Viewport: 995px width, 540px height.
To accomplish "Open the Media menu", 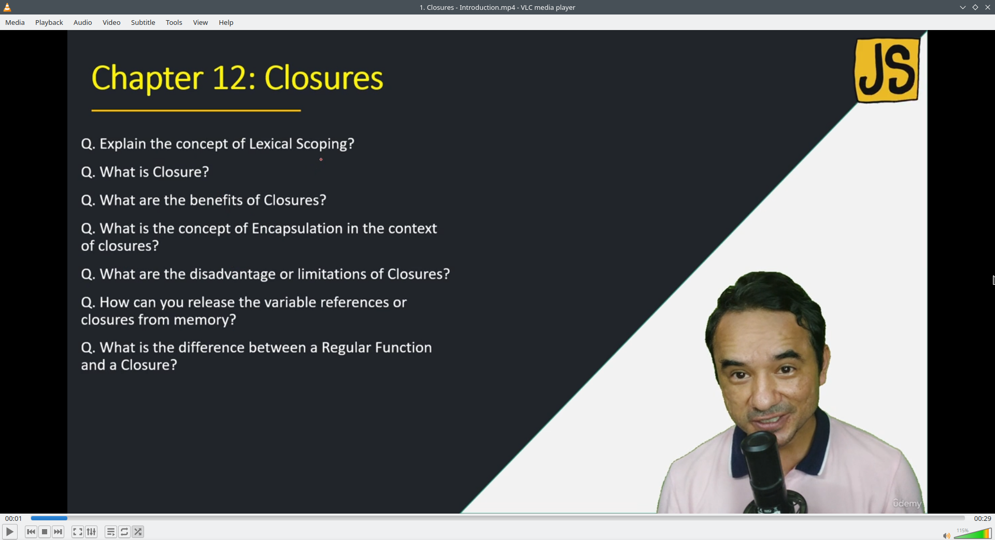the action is tap(15, 22).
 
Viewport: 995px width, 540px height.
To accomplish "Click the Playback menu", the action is tap(49, 22).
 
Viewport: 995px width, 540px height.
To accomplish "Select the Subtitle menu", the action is tap(143, 22).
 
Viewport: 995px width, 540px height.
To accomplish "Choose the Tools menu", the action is tap(174, 22).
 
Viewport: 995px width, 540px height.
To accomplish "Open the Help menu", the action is tap(226, 22).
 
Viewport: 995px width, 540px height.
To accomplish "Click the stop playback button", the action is tap(45, 532).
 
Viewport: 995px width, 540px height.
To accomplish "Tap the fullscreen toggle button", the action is tap(77, 532).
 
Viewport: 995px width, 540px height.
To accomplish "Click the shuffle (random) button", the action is tap(138, 532).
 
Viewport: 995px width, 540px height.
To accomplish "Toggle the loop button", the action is tap(124, 532).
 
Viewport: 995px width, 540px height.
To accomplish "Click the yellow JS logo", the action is tap(887, 70).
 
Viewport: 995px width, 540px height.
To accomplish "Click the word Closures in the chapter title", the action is tap(324, 78).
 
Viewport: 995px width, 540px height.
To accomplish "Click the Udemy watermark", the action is tap(907, 503).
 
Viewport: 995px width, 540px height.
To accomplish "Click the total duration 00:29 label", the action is tap(982, 518).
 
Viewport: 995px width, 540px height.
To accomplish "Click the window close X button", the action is tap(988, 7).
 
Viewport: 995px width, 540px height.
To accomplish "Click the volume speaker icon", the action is tap(946, 535).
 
